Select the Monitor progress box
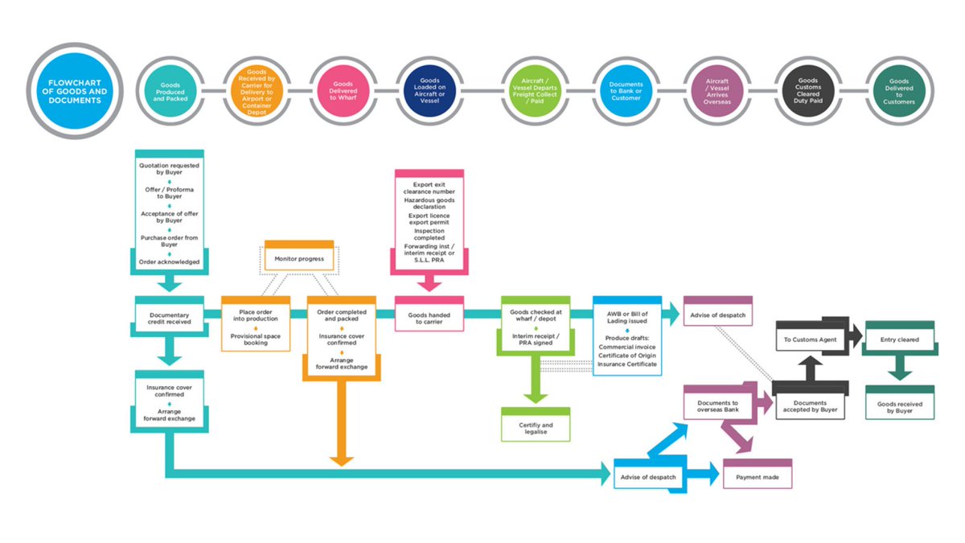tap(299, 258)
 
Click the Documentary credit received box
tap(170, 316)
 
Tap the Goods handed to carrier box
tap(429, 316)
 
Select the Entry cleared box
tap(899, 339)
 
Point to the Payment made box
tap(758, 476)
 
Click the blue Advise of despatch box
tap(648, 476)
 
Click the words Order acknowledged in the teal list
tap(170, 261)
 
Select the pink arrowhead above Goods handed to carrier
tap(429, 282)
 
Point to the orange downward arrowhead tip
tap(342, 463)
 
